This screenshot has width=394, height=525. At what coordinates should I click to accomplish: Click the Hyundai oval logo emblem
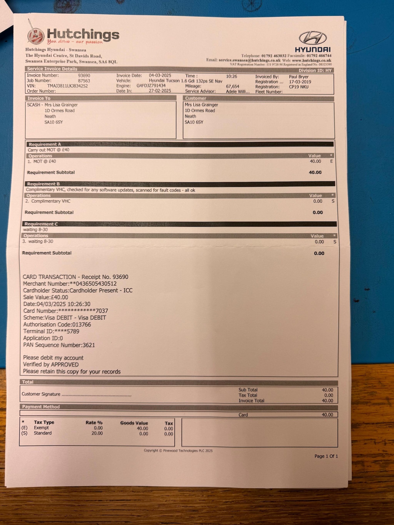[x=313, y=38]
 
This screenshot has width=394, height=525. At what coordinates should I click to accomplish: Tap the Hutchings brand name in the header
[x=83, y=35]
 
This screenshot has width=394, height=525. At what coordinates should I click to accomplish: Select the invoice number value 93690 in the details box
[x=84, y=76]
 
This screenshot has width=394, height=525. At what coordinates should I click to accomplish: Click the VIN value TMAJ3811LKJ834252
[x=68, y=86]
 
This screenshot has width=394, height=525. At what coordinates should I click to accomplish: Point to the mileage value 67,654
[x=232, y=86]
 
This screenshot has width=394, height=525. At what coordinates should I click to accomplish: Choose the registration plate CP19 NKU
[x=299, y=87]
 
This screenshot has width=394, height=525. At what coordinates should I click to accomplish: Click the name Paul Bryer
[x=299, y=77]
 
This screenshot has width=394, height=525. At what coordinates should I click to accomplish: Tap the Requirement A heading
[x=45, y=144]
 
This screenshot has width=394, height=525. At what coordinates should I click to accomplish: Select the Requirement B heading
[x=43, y=184]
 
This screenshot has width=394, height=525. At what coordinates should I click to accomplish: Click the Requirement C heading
[x=41, y=224]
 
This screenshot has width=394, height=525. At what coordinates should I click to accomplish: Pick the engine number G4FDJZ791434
[x=151, y=86]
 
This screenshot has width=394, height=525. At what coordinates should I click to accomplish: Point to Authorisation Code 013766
[x=57, y=324]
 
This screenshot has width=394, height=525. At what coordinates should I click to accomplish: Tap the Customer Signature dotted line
[x=96, y=395]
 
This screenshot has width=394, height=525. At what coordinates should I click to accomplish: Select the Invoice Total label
[x=251, y=401]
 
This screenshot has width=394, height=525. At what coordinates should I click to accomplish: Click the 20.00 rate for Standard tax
[x=97, y=433]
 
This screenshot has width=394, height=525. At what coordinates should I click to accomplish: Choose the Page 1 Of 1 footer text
[x=326, y=456]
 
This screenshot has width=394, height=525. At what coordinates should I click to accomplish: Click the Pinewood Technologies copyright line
[x=178, y=450]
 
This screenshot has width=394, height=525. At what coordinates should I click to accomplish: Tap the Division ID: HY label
[x=315, y=70]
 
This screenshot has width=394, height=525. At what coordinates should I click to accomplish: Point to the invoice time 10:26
[x=231, y=76]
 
